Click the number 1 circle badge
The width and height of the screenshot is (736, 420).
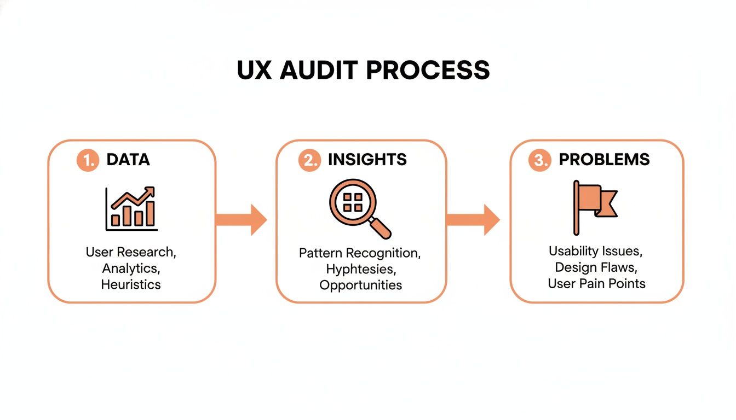click(88, 160)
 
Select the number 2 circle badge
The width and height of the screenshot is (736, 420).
click(309, 160)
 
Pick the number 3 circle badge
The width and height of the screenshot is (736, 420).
click(539, 160)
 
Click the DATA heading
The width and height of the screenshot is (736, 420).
click(128, 160)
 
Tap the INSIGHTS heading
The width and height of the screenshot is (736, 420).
click(367, 160)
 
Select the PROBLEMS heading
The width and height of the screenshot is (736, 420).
click(604, 160)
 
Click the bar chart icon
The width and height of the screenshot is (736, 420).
click(131, 209)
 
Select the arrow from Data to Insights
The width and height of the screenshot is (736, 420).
click(240, 219)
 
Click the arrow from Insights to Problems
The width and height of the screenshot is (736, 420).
click(473, 219)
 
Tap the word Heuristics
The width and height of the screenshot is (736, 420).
click(131, 284)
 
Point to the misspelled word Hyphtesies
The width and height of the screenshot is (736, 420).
click(360, 269)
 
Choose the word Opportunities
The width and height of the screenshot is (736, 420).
click(360, 285)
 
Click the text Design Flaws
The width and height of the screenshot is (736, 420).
click(595, 267)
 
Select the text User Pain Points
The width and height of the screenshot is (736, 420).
click(596, 283)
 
